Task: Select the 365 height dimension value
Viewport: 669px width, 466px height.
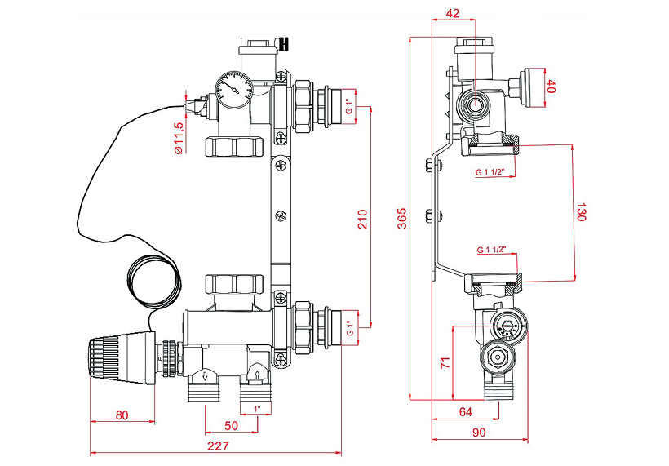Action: (401, 218)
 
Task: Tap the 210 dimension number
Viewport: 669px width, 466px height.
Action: (363, 218)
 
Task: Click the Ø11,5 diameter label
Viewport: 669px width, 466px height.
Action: (179, 137)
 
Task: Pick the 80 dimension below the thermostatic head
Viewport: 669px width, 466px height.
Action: (122, 415)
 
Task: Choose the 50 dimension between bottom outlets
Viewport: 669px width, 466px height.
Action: (231, 424)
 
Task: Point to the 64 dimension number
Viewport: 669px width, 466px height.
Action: (466, 411)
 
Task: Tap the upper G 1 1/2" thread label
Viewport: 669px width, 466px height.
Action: (491, 172)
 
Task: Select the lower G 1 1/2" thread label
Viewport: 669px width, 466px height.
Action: (491, 248)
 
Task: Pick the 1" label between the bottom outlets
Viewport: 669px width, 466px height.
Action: (257, 407)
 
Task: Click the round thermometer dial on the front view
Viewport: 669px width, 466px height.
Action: (233, 89)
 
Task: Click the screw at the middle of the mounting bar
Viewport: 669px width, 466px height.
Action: (281, 215)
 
